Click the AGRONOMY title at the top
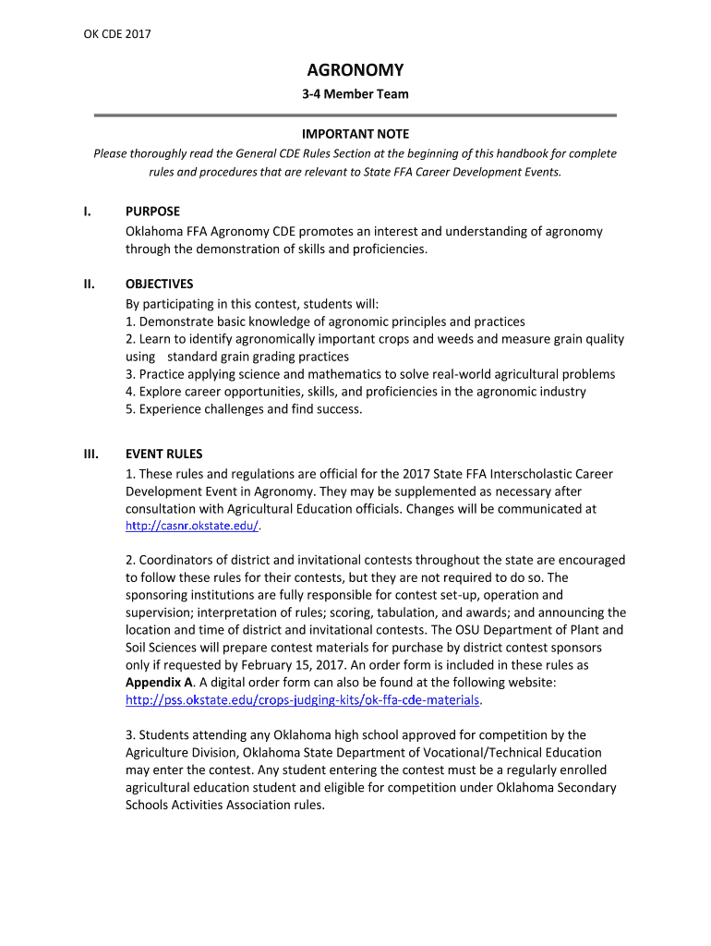pos(355,70)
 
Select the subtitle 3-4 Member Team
pos(355,93)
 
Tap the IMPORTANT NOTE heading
pos(355,134)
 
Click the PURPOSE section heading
pos(152,212)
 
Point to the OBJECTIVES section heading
pos(159,284)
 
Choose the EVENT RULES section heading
pos(164,454)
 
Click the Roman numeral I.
pos(86,212)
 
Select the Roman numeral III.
pos(90,454)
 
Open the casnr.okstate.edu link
pos(192,526)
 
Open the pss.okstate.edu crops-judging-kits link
pos(303,700)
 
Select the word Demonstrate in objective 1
pos(175,321)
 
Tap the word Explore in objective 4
pos(161,391)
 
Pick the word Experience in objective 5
pos(170,409)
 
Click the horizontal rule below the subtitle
pos(355,115)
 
